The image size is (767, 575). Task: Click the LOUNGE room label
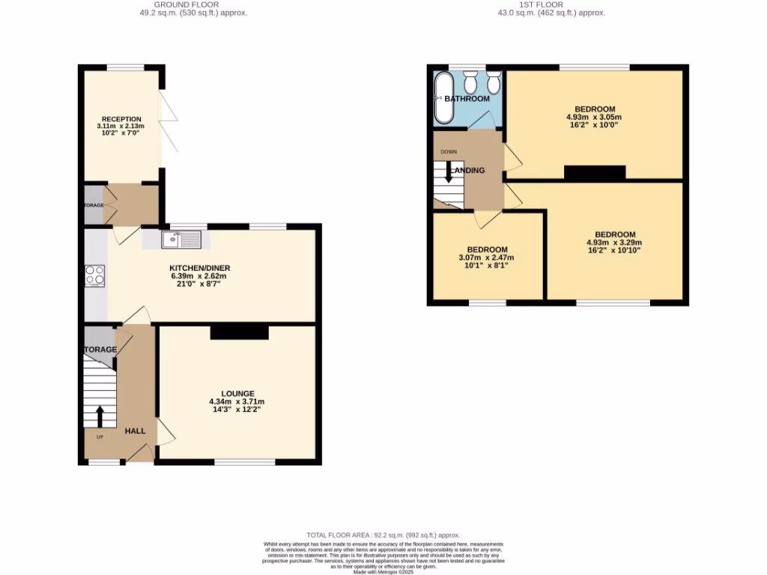coord(237,393)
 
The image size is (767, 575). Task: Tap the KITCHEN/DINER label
coord(199,268)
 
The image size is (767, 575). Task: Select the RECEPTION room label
coord(121,118)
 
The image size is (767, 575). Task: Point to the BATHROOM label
coord(467,99)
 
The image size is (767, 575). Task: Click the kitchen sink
coord(181,240)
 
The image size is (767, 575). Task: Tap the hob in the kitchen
coord(95,276)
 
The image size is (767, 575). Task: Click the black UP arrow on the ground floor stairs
coord(100,416)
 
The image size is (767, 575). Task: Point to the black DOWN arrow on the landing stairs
coord(449,172)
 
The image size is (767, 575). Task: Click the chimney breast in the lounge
coord(239,332)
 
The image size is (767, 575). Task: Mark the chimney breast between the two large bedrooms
coord(594,173)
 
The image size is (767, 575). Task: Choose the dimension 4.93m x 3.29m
coord(614,243)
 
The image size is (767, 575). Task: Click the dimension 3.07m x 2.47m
coord(487,258)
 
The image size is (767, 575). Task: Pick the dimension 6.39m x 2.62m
coord(199,276)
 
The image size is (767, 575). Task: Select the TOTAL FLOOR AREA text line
coord(383,535)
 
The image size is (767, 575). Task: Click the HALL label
coord(135,431)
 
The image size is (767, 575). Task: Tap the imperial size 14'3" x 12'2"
coord(237,410)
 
